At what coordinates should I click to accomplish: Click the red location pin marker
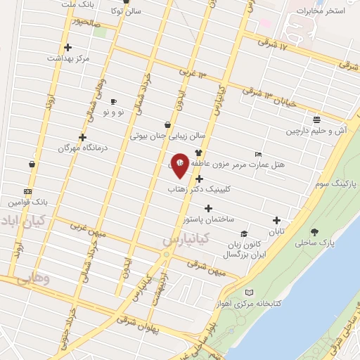pyautogui.click(x=180, y=165)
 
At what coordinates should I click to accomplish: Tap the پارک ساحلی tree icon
pyautogui.click(x=314, y=233)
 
